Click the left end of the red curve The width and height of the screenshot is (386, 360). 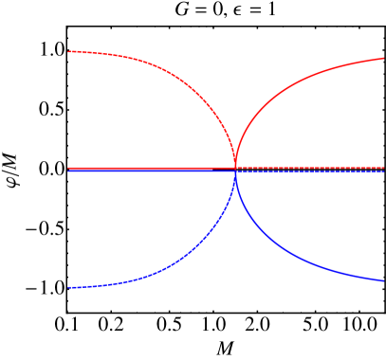click(x=68, y=51)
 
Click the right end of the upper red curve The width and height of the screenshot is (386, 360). click(x=383, y=59)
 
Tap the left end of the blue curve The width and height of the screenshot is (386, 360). click(x=68, y=287)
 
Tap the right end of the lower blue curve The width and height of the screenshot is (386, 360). click(x=383, y=280)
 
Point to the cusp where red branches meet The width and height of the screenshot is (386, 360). click(x=235, y=166)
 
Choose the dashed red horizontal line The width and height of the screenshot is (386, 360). click(x=313, y=168)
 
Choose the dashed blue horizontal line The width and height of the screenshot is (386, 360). click(x=313, y=171)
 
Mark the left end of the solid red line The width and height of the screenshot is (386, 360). click(x=68, y=168)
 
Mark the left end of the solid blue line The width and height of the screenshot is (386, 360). click(x=68, y=171)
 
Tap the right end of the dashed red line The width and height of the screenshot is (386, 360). click(x=383, y=168)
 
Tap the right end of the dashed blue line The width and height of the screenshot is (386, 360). click(x=383, y=171)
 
